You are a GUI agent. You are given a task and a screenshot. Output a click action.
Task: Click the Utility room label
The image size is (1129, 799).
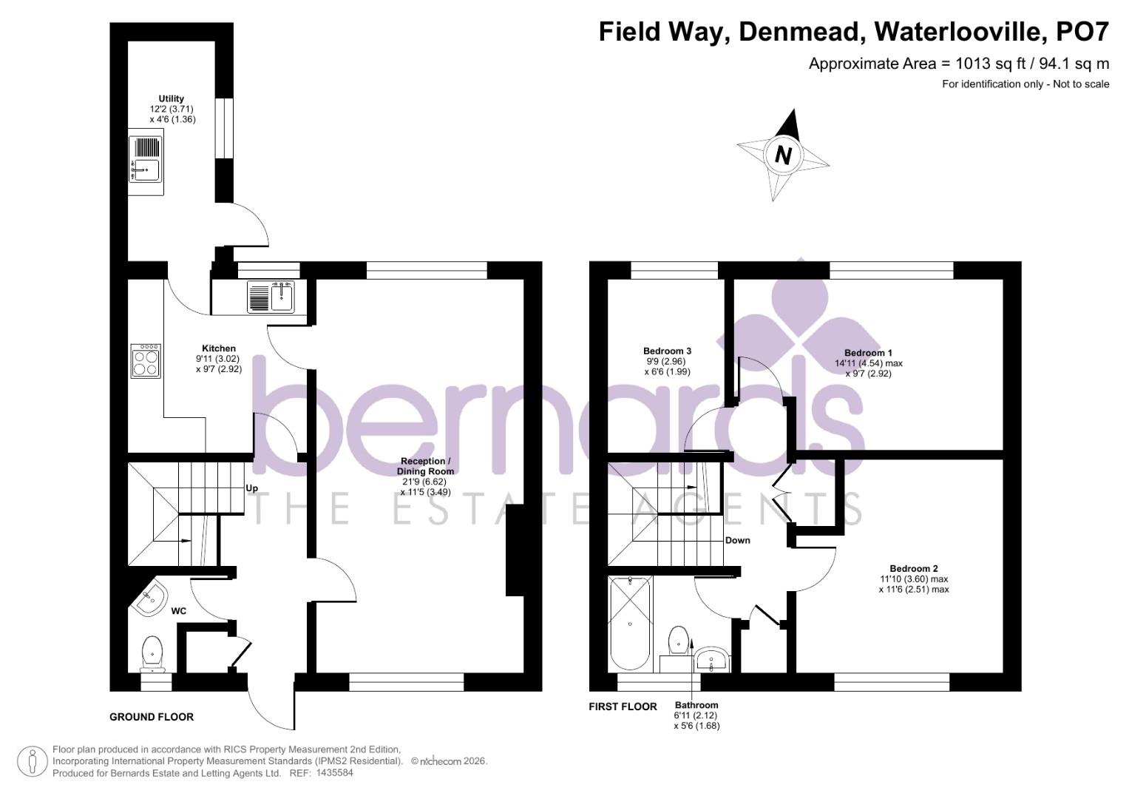[x=171, y=98]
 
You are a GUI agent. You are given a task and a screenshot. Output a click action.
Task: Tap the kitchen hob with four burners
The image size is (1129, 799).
[x=146, y=361]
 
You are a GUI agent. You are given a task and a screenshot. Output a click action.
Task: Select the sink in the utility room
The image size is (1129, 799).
[x=146, y=164]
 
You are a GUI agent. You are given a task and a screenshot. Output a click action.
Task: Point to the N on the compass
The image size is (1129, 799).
[x=784, y=155]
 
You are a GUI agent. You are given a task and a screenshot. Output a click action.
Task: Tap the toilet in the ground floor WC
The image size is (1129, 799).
[x=153, y=651]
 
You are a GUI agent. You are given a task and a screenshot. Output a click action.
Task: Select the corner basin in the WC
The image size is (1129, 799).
[x=150, y=599]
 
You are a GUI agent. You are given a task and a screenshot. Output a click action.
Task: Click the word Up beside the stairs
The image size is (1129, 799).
[x=252, y=489]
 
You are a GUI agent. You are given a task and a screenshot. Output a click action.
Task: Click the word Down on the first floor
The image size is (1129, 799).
[x=737, y=540]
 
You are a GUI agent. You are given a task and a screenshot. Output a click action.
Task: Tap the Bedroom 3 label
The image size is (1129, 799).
[x=667, y=351]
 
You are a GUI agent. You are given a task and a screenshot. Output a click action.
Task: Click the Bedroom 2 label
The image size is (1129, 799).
[x=914, y=568]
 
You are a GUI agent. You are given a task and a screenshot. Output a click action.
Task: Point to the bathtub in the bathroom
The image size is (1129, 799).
[x=630, y=623]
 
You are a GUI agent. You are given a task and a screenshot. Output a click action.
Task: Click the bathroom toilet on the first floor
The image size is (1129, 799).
[x=678, y=641]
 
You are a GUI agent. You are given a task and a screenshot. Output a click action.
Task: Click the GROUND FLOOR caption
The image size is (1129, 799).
[x=152, y=717]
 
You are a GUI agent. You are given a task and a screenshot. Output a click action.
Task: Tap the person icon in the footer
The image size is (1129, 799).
[x=32, y=761]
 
